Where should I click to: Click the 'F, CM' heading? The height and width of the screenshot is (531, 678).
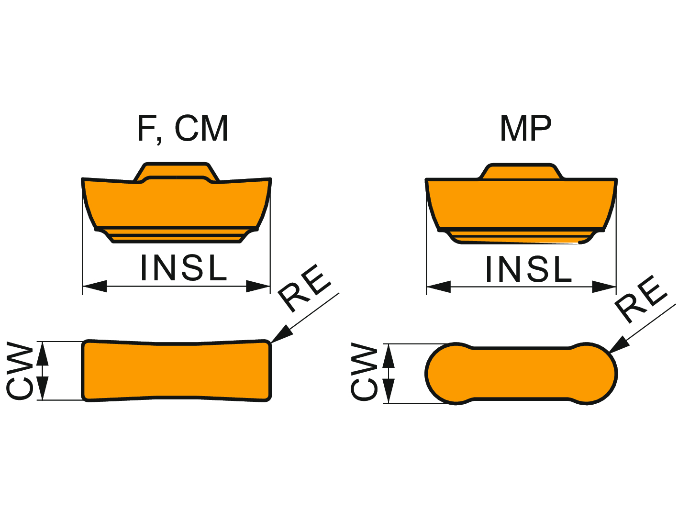182,129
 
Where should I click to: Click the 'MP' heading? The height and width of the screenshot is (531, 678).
525,128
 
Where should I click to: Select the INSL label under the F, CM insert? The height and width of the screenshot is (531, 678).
183,268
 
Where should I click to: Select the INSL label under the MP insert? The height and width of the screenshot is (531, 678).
528,269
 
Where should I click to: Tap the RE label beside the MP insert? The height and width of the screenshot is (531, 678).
641,299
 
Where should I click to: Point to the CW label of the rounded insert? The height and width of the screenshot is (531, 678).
365,372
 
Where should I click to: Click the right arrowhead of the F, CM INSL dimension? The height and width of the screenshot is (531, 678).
258,286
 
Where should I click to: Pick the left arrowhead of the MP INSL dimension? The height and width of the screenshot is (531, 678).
438,287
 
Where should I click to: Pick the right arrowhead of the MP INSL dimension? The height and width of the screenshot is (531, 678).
604,287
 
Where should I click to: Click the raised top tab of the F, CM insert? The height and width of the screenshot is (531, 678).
176,170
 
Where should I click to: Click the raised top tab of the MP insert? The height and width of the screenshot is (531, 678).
522,171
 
